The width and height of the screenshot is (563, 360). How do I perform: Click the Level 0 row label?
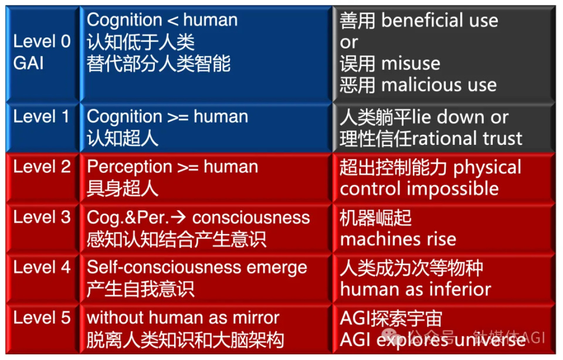point(42,42)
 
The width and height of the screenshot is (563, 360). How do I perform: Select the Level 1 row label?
point(42,116)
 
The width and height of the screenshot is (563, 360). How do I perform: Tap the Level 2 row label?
point(42,167)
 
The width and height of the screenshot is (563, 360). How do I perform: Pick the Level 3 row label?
point(42,217)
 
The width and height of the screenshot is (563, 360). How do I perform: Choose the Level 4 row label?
point(42,267)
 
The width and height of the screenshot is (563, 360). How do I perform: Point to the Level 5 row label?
point(42,318)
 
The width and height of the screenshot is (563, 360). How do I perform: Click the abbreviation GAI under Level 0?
point(28,63)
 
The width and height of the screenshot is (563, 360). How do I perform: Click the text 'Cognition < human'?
point(162,20)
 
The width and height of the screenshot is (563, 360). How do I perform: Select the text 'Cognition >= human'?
point(167,117)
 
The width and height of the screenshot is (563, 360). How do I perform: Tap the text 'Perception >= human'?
point(172,167)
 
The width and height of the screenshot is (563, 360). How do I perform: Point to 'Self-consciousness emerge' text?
point(197,267)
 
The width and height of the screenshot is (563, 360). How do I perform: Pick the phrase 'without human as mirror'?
point(183,318)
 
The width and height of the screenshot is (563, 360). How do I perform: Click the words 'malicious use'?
point(439,85)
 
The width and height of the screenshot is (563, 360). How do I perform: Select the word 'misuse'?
point(411,63)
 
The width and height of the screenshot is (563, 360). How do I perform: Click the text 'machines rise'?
point(398,239)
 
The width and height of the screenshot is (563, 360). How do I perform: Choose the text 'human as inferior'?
point(415,289)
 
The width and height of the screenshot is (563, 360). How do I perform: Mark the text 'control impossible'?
point(419,189)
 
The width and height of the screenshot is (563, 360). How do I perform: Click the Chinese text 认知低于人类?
point(141,42)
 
